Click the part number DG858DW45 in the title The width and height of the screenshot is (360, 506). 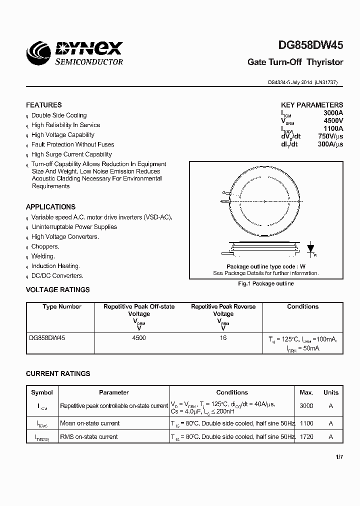pyautogui.click(x=310, y=45)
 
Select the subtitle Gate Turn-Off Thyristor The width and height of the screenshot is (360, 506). pyautogui.click(x=295, y=62)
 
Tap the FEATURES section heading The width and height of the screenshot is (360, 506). pyautogui.click(x=44, y=105)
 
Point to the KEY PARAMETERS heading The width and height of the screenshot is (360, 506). pyautogui.click(x=312, y=105)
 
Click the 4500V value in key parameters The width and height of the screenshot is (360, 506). pyautogui.click(x=333, y=120)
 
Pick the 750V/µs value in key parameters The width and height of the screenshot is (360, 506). pyautogui.click(x=330, y=136)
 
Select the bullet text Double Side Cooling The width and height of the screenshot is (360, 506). pyautogui.click(x=59, y=115)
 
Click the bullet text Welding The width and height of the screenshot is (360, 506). pyautogui.click(x=43, y=256)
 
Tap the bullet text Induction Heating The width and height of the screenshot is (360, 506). pyautogui.click(x=55, y=266)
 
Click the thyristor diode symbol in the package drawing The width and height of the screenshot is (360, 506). pyautogui.click(x=310, y=248)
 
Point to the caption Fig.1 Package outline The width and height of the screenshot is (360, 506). pyautogui.click(x=265, y=283)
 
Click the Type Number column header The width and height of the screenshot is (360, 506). pyautogui.click(x=61, y=306)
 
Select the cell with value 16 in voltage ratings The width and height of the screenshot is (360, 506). pyautogui.click(x=223, y=338)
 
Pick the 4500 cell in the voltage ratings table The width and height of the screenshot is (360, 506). pyautogui.click(x=139, y=338)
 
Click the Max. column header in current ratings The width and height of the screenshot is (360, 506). pyautogui.click(x=306, y=392)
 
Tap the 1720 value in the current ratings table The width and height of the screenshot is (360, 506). pyautogui.click(x=306, y=436)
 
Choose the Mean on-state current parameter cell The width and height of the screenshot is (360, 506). pyautogui.click(x=89, y=423)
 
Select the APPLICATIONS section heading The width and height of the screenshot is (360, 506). pyautogui.click(x=50, y=206)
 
